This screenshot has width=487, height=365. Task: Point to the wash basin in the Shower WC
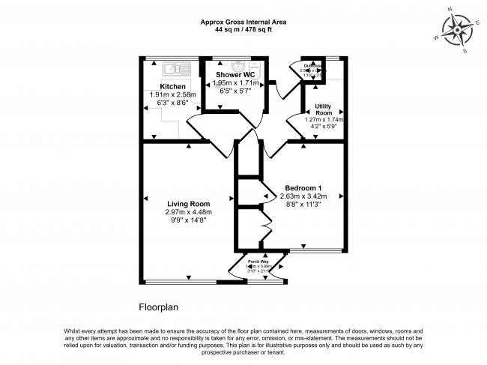239,64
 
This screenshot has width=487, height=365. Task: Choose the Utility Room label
324,109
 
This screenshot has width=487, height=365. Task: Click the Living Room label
188,204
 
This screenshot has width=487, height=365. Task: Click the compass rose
456,31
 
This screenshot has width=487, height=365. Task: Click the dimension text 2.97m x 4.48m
189,212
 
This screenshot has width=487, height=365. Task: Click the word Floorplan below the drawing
159,307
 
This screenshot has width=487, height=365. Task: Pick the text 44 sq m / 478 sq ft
243,30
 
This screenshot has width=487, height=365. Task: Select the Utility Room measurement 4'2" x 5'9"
324,127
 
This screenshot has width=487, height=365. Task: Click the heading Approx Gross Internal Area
243,22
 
